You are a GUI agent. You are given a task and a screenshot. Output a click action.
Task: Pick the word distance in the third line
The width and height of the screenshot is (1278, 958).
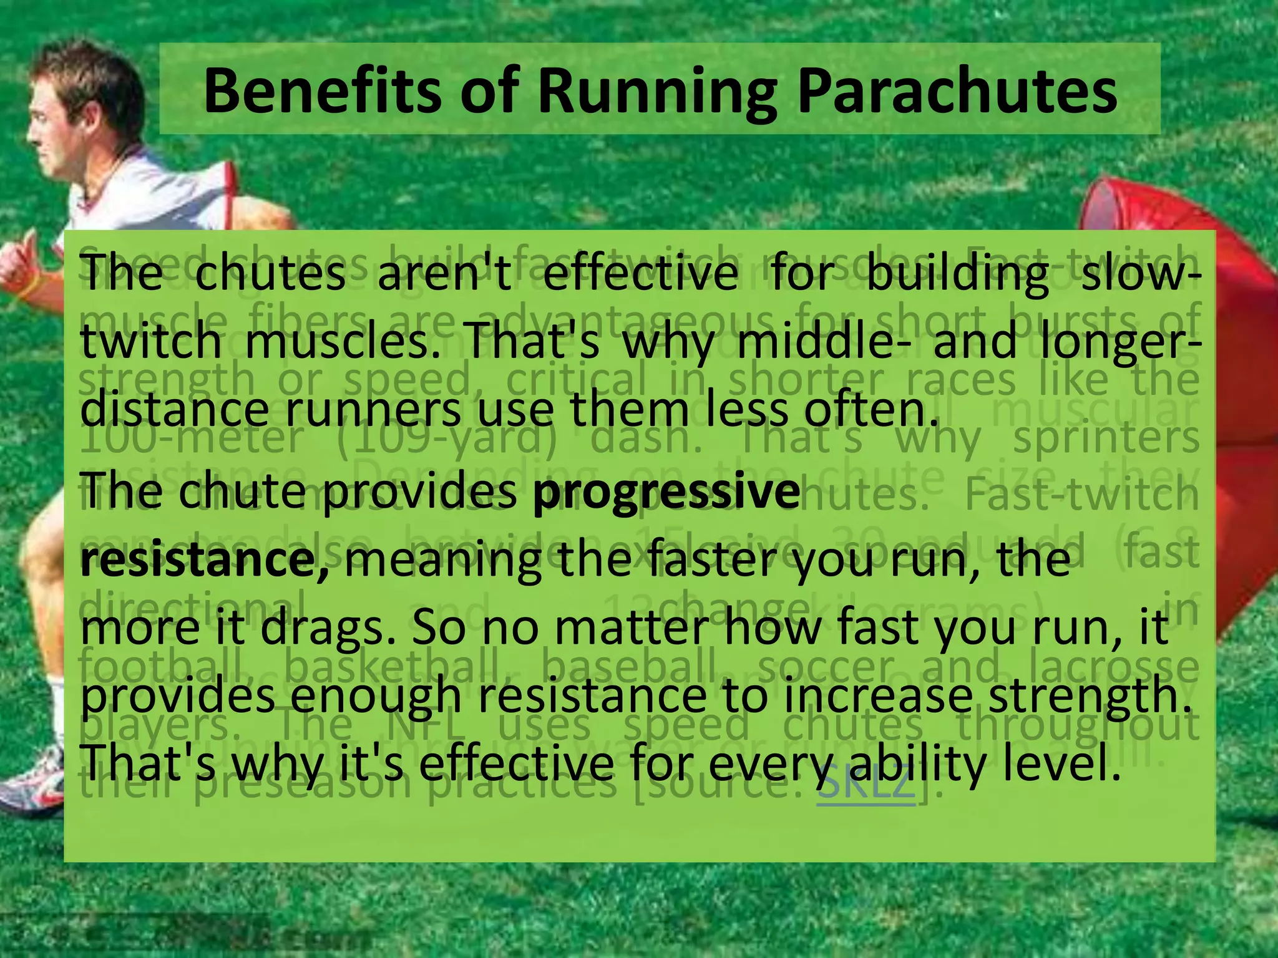(x=175, y=409)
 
